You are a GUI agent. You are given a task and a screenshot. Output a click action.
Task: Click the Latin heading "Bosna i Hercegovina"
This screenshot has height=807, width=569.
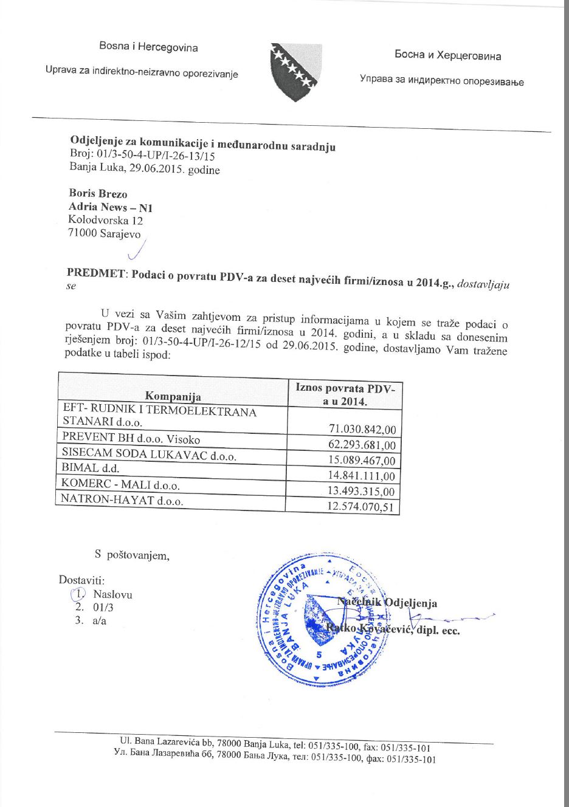(x=149, y=47)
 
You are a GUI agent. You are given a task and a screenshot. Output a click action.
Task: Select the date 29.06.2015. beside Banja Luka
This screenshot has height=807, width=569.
(x=155, y=168)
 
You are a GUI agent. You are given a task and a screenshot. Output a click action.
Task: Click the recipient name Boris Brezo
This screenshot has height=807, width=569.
(x=98, y=194)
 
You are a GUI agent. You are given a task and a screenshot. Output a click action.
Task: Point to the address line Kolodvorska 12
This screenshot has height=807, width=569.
(x=105, y=220)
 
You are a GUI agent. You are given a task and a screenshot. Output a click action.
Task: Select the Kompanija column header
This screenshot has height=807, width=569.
(x=173, y=396)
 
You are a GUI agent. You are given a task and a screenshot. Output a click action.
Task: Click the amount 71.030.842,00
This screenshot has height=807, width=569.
(x=362, y=430)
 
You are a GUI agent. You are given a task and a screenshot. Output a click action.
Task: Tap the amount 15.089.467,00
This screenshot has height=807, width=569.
(x=362, y=461)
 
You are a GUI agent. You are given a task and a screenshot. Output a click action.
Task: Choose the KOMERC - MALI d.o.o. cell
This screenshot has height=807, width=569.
(x=120, y=484)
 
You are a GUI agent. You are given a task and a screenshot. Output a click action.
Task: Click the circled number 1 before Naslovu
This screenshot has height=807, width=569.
(x=78, y=594)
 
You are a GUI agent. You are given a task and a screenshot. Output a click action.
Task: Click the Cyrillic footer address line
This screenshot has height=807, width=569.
(x=275, y=757)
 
